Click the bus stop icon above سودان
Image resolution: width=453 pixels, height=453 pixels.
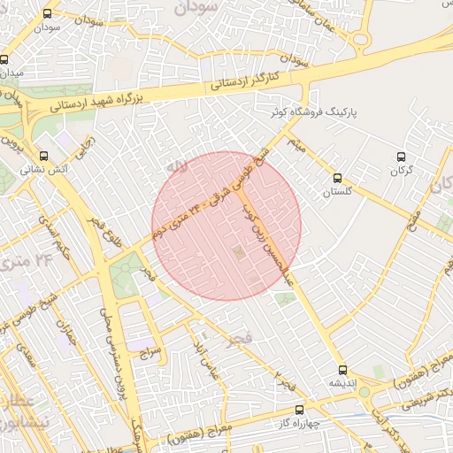[47, 13]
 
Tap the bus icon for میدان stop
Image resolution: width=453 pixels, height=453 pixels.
[4, 60]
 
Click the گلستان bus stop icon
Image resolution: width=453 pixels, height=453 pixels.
[335, 177]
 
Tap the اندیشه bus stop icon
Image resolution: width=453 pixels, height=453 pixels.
[342, 369]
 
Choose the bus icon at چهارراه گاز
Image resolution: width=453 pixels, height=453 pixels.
[298, 410]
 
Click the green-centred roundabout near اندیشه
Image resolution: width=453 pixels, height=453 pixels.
[364, 391]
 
